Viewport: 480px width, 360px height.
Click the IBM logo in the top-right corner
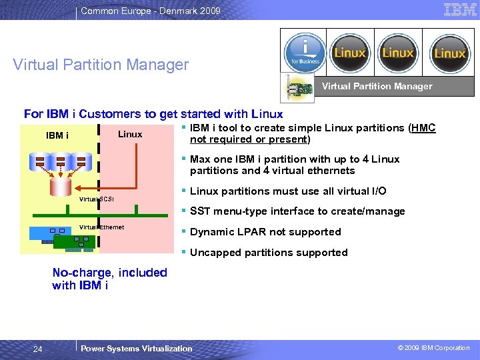[x=460, y=9]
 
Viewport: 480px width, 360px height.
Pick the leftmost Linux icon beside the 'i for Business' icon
[x=350, y=53]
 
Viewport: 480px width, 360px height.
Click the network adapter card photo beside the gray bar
[x=297, y=87]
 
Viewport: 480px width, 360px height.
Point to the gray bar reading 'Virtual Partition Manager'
[x=377, y=86]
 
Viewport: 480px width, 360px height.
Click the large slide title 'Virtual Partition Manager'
[x=101, y=65]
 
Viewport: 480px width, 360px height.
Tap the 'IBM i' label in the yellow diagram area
[x=57, y=135]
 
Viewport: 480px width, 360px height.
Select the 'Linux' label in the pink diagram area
[x=130, y=134]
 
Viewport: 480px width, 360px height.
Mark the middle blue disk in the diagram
[x=61, y=160]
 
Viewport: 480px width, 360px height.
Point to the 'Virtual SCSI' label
[x=97, y=199]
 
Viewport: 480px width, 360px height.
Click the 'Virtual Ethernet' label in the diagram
[x=101, y=227]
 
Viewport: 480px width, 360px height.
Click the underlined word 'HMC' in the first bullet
[x=424, y=128]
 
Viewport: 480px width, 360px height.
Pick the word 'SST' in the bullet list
[x=200, y=211]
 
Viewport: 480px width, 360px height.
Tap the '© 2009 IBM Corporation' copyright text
[x=434, y=348]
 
